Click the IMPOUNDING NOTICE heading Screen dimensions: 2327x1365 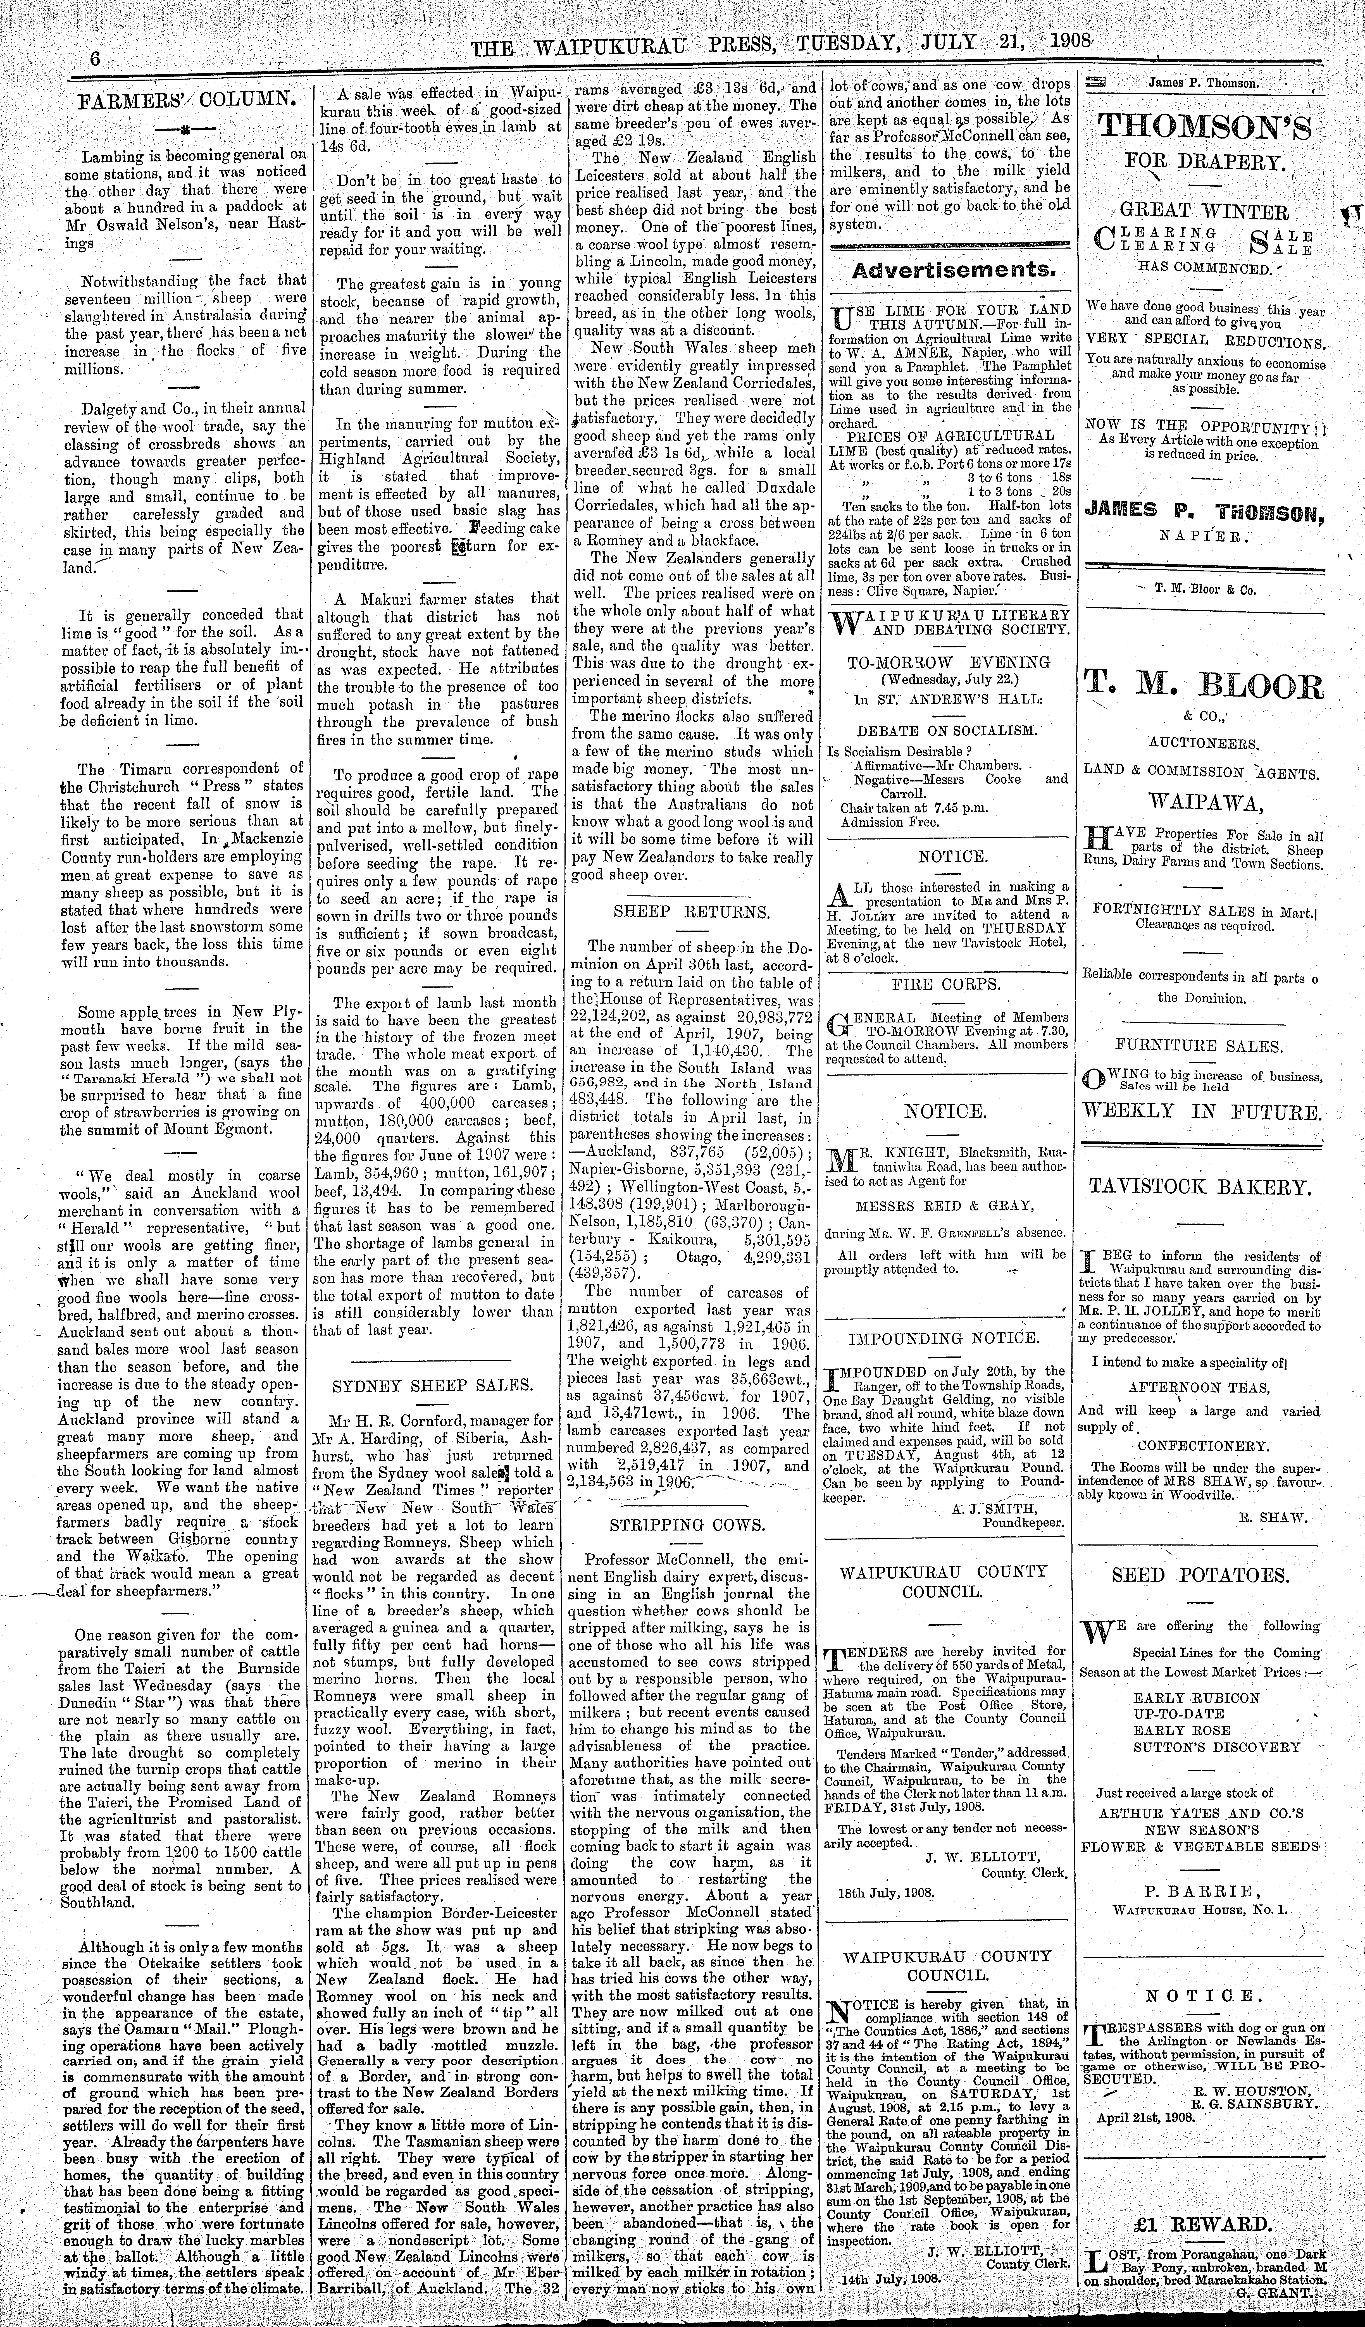point(943,1337)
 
